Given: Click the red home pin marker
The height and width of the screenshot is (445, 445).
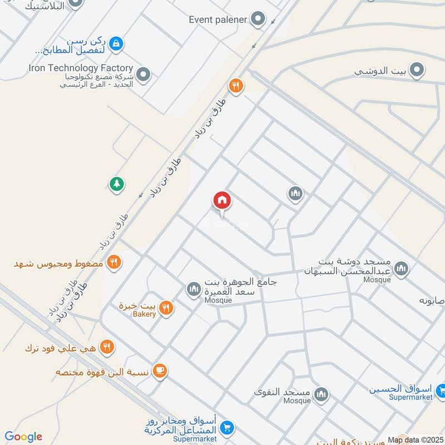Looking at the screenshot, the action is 222,201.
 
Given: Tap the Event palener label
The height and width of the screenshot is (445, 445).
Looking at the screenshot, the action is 217,20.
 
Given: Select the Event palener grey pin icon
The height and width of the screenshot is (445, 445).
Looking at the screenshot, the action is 258,20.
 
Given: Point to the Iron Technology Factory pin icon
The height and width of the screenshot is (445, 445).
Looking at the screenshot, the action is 144,74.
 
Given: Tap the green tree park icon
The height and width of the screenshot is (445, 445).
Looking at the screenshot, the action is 116,184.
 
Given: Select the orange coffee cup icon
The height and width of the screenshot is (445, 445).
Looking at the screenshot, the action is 159,370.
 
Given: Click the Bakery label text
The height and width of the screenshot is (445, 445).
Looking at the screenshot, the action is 145,314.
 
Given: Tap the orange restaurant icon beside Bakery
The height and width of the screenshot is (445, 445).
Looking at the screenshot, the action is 165,308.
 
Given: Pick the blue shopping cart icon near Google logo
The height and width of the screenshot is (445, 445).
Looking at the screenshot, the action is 226,427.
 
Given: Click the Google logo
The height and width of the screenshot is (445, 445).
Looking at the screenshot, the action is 23,437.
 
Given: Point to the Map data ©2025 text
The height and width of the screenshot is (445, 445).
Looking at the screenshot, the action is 415,440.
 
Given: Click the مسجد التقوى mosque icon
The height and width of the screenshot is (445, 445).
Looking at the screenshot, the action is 320,395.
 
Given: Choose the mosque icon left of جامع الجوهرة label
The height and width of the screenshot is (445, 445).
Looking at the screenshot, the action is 194,289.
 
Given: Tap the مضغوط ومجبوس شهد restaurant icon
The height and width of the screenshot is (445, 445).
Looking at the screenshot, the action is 113,262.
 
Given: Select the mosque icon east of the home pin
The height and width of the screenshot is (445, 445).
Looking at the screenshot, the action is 295,194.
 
